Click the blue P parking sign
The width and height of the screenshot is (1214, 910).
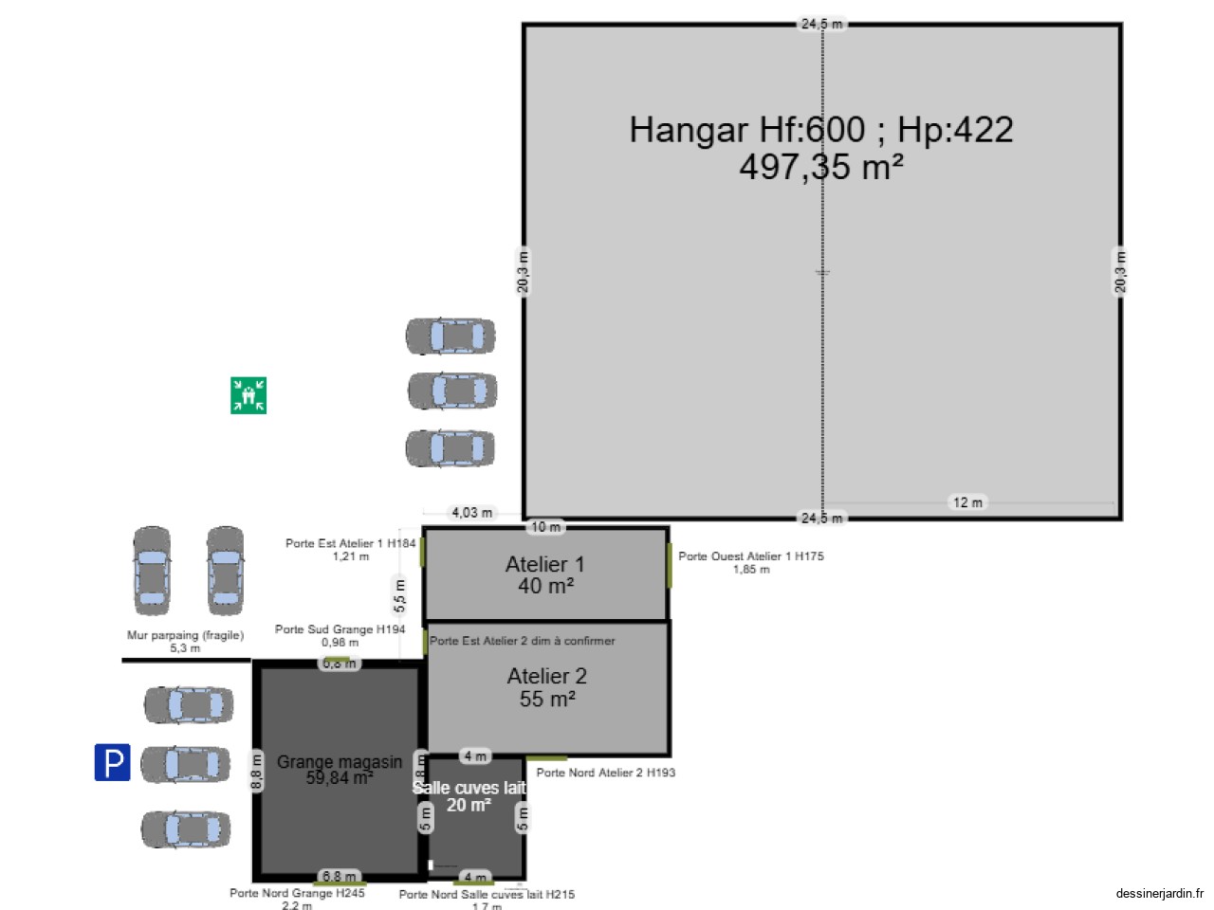pos(112,762)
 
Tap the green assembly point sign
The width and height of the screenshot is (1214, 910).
pos(248,395)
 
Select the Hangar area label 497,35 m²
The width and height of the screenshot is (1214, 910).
pos(820,168)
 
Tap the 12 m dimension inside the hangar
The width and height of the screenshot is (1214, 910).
pos(967,502)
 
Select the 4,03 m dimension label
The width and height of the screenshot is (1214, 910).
pos(471,513)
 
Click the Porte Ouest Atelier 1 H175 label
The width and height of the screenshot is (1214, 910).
pos(750,556)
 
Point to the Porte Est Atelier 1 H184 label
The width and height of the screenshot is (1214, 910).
pos(350,544)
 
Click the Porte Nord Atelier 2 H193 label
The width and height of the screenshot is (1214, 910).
pos(605,773)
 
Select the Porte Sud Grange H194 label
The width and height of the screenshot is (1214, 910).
pos(340,629)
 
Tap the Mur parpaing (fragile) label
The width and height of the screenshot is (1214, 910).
pos(185,635)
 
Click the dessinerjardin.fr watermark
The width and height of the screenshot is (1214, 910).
pos(1159,893)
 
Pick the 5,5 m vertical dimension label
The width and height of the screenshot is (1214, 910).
pos(400,595)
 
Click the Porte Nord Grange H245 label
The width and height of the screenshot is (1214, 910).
pos(297,893)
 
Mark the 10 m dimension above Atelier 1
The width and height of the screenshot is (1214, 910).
pos(545,527)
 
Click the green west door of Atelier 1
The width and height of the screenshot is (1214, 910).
pos(670,565)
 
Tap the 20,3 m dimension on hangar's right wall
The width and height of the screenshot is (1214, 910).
pos(1120,271)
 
